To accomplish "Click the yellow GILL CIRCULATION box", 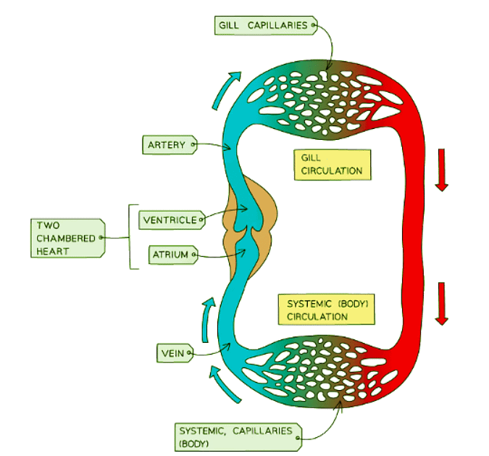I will pos(332,165).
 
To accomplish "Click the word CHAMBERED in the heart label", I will pos(64,237).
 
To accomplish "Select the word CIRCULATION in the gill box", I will pos(332,172).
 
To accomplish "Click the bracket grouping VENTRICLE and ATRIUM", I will pos(130,237).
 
